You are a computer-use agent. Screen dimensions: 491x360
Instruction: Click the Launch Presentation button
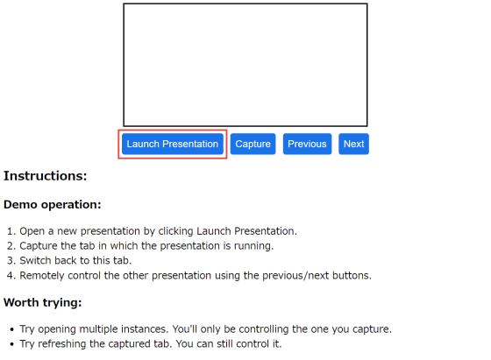coord(173,144)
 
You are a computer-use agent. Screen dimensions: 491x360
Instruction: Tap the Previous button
coord(307,144)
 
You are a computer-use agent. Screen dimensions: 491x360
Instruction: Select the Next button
coord(353,144)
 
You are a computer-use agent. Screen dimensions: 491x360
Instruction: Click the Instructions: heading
coord(45,176)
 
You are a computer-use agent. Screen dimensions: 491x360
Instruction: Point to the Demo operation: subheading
coord(53,205)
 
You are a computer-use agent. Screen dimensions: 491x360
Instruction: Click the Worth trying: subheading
coord(43,303)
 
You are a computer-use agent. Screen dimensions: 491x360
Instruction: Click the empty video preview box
coord(245,65)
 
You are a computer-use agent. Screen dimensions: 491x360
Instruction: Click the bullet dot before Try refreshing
coord(12,344)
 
